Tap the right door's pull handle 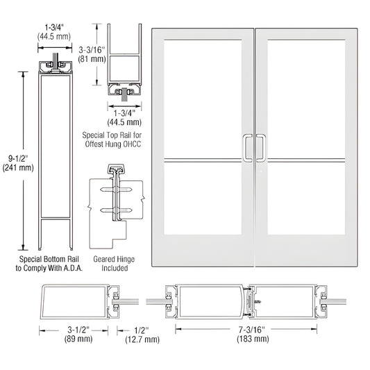tap(262, 146)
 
